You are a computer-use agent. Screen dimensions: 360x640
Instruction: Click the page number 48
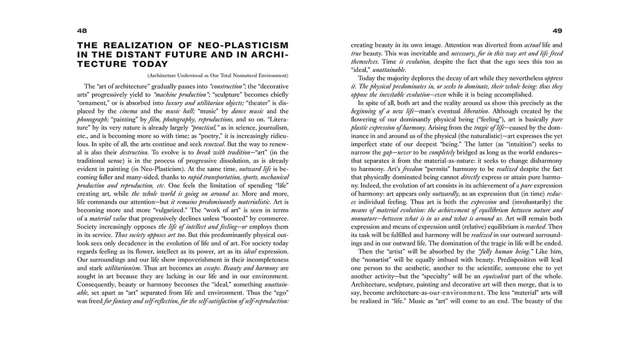(82, 30)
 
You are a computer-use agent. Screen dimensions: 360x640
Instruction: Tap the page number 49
(557, 30)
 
